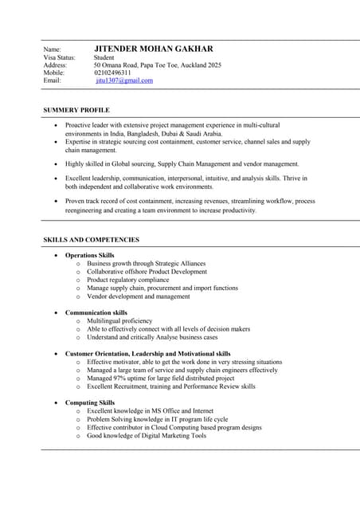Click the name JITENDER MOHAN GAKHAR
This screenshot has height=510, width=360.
click(154, 49)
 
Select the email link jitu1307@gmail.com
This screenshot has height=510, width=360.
click(124, 80)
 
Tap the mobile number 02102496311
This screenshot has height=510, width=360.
click(112, 73)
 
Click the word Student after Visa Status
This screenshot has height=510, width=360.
click(104, 57)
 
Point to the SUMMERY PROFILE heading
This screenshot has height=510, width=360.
click(76, 110)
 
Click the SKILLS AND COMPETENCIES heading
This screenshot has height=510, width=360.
click(91, 239)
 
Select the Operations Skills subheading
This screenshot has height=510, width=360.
click(89, 255)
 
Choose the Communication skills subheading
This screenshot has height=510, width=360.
click(96, 312)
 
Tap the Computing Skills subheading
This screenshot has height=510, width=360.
click(89, 402)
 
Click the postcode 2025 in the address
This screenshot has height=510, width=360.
click(213, 65)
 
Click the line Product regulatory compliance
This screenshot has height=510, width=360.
click(128, 280)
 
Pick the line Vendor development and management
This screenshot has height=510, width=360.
click(139, 296)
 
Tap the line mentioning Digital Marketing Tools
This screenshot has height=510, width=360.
click(147, 436)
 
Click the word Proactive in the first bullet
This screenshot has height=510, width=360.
click(79, 125)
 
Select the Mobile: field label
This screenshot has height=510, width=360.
click(54, 73)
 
